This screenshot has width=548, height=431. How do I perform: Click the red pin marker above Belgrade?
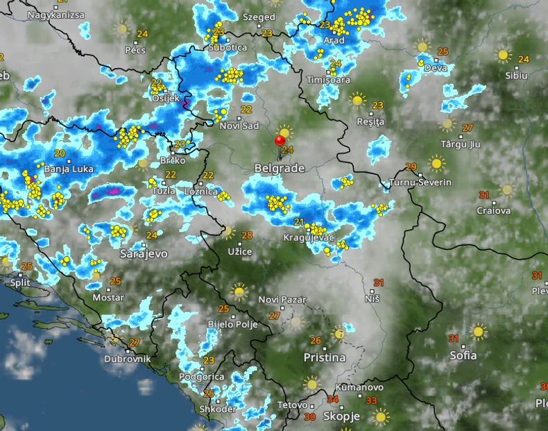(x=280, y=141)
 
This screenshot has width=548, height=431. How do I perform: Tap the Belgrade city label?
(x=280, y=168)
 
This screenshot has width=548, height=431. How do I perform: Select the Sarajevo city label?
(x=144, y=254)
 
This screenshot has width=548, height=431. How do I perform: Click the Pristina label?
(x=325, y=357)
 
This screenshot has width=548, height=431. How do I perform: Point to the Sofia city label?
(x=463, y=355)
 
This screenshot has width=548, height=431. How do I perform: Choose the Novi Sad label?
(x=239, y=126)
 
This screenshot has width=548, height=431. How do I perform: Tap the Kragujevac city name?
(x=309, y=238)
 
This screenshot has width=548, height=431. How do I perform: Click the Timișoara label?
(x=328, y=80)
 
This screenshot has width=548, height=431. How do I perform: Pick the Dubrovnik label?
(x=128, y=359)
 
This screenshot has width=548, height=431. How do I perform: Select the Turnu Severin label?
(x=421, y=182)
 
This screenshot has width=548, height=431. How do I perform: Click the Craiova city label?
(x=494, y=210)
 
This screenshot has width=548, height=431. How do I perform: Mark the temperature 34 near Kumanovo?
(x=333, y=399)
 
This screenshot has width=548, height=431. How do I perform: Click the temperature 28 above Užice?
(x=247, y=235)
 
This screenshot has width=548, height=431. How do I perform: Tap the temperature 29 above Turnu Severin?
(x=411, y=167)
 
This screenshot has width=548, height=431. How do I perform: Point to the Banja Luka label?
(x=68, y=169)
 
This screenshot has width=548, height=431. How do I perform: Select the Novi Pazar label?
(x=282, y=300)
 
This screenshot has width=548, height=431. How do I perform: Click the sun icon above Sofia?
(x=478, y=331)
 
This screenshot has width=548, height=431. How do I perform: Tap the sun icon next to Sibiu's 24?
(x=504, y=55)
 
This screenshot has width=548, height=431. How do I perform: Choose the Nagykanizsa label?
(x=56, y=14)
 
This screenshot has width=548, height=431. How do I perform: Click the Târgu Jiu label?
(x=461, y=144)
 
